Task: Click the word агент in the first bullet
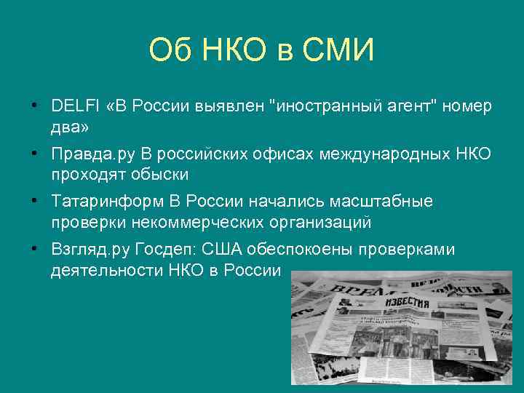click(x=413, y=106)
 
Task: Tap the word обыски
click(x=159, y=175)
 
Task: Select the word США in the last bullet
click(x=218, y=250)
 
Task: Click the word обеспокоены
click(x=298, y=250)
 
